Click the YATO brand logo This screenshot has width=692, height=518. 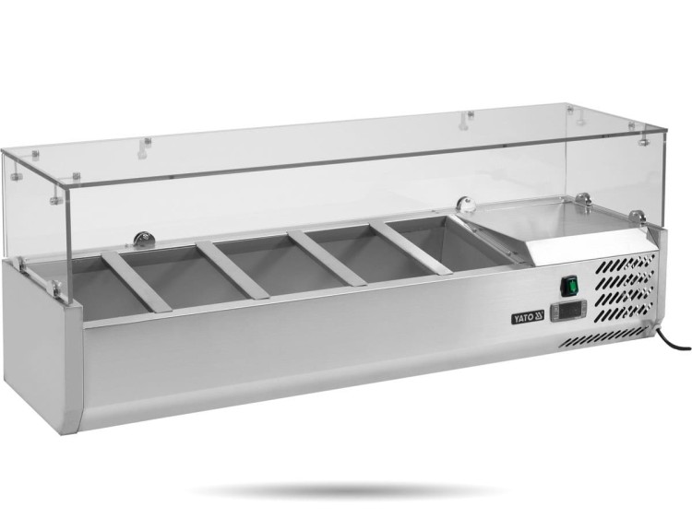tap(528, 317)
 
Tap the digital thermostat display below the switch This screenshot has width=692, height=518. tap(568, 311)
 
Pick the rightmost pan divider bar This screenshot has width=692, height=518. tap(412, 247)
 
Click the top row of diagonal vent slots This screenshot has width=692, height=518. tap(626, 264)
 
